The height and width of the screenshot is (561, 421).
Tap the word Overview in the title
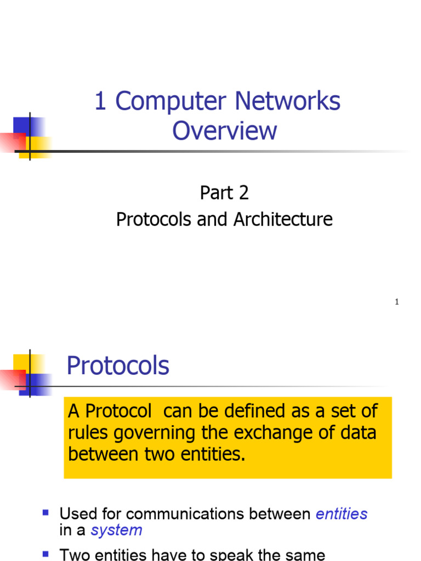point(225,130)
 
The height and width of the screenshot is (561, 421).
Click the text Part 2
point(224,193)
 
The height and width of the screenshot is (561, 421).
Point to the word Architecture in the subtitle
point(283,220)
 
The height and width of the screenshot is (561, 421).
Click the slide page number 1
point(396,302)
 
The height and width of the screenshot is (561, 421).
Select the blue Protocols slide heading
point(118,365)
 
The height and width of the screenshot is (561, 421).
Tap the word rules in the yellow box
point(85,433)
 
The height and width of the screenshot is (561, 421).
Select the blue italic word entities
point(342,514)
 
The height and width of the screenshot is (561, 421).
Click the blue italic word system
point(116,530)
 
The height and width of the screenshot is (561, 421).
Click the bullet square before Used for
point(46,513)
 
